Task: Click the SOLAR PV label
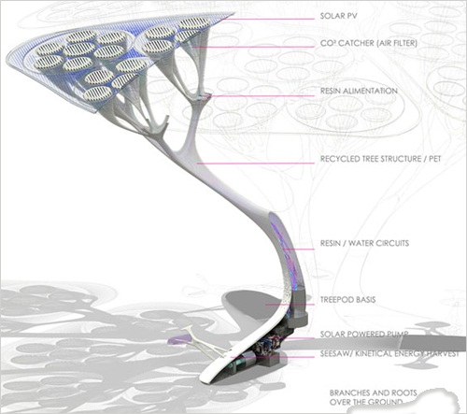pos(338,16)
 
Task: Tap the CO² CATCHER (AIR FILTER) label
pos(369,43)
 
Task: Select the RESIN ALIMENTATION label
pos(359,91)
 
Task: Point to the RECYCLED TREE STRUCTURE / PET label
pos(380,159)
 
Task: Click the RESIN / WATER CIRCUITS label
pos(364,243)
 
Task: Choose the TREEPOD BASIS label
pos(347,300)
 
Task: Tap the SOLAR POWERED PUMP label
pos(364,335)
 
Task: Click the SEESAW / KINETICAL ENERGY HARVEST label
pos(389,353)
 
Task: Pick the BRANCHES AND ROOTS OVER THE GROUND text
pos(373,397)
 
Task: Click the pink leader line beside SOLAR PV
pos(268,19)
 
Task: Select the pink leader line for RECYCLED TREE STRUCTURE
pos(255,164)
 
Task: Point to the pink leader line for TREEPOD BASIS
pos(290,305)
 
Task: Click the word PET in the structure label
pos(435,159)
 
